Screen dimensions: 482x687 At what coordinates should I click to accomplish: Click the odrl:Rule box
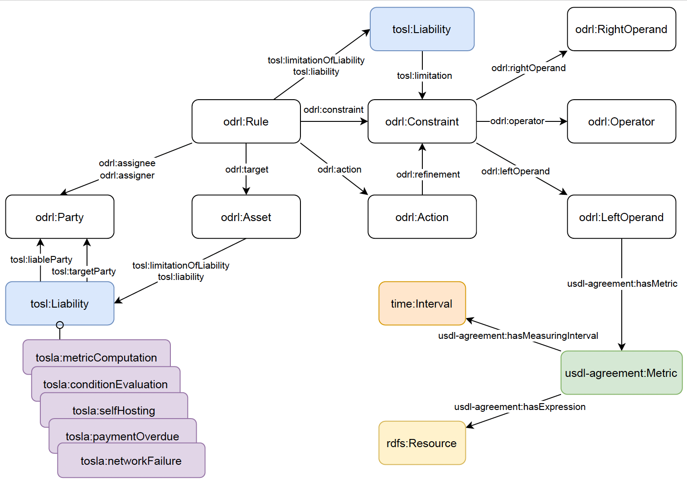pyautogui.click(x=246, y=121)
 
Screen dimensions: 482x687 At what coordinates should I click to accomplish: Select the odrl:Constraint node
pyautogui.click(x=422, y=121)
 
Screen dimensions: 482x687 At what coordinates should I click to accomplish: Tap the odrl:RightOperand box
pyautogui.click(x=621, y=29)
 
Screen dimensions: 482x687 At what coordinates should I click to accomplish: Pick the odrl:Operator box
pyautogui.click(x=621, y=121)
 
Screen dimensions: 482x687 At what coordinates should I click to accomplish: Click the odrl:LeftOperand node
pyautogui.click(x=621, y=217)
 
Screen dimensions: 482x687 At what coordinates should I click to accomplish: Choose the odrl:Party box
pyautogui.click(x=59, y=217)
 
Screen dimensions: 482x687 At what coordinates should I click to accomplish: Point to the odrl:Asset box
pyautogui.click(x=246, y=217)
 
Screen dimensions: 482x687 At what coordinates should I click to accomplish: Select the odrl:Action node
pyautogui.click(x=422, y=217)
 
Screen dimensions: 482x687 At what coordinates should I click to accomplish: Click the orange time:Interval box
pyautogui.click(x=422, y=304)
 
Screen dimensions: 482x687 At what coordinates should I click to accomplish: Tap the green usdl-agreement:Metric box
pyautogui.click(x=621, y=373)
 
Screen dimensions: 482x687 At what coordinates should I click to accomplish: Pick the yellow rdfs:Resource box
pyautogui.click(x=422, y=443)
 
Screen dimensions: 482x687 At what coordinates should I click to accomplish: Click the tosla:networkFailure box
pyautogui.click(x=131, y=461)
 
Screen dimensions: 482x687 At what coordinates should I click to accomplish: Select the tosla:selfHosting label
pyautogui.click(x=114, y=410)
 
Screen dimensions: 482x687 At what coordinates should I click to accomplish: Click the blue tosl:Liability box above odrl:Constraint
pyautogui.click(x=422, y=29)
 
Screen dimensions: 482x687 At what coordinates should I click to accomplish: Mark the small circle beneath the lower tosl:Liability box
pyautogui.click(x=60, y=325)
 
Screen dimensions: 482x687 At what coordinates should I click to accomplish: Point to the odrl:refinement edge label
pyautogui.click(x=428, y=174)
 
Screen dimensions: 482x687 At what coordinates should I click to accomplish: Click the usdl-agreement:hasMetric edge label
pyautogui.click(x=622, y=284)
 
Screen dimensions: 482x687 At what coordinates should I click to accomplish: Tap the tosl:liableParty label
pyautogui.click(x=41, y=260)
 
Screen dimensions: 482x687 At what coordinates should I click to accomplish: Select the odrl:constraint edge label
pyautogui.click(x=334, y=110)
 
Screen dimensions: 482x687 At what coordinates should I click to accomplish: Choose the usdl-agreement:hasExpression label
pyautogui.click(x=520, y=407)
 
